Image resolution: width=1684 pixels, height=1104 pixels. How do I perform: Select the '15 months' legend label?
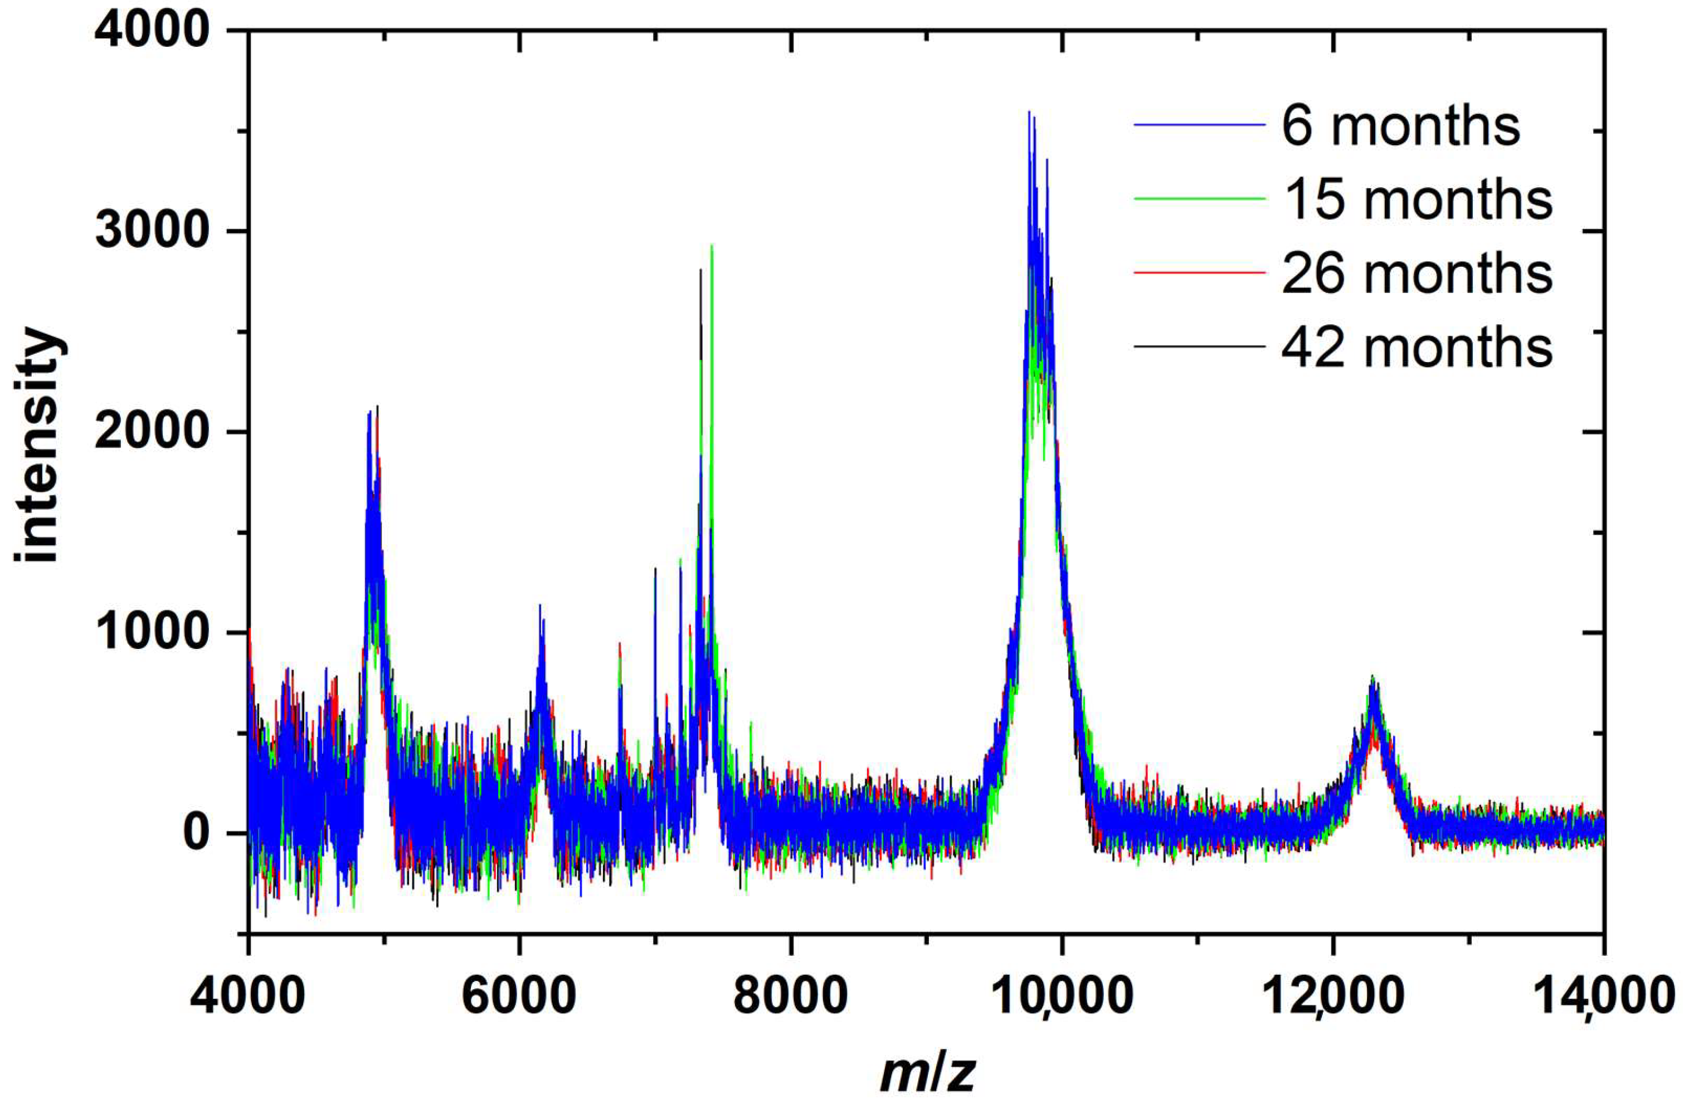click(x=1417, y=200)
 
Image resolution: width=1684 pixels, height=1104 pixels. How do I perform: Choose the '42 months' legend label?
click(x=1417, y=347)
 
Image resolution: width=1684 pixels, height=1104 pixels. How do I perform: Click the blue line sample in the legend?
click(x=1199, y=125)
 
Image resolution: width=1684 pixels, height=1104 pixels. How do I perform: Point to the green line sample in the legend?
click(x=1199, y=199)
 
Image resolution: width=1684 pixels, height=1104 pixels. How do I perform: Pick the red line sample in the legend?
click(x=1199, y=272)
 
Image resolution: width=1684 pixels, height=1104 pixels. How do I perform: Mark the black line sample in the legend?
click(x=1199, y=346)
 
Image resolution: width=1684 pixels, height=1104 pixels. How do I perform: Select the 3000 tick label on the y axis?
click(x=152, y=231)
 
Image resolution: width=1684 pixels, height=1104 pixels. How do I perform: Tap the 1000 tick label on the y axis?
click(x=152, y=632)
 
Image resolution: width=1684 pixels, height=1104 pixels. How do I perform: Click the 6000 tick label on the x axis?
click(x=519, y=996)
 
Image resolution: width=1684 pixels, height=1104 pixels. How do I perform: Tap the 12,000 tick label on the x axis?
click(x=1332, y=996)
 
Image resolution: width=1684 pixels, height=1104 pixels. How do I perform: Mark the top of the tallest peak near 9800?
click(x=1029, y=113)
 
